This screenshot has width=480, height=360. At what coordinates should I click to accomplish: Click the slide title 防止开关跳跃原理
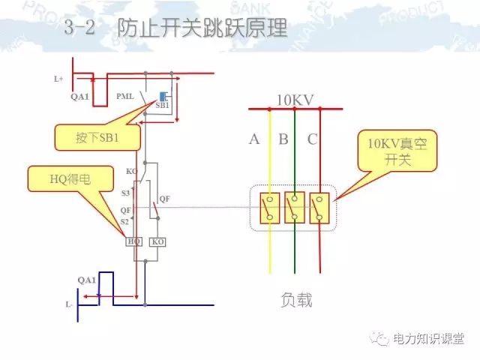point(202,29)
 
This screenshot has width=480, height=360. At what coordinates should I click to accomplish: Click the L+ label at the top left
point(58,78)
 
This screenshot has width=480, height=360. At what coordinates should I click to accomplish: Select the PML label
point(125,97)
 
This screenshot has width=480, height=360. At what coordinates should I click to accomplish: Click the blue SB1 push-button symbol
point(163,97)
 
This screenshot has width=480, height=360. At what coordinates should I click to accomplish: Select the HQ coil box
point(134,241)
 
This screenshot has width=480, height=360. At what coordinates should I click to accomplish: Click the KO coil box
point(157,241)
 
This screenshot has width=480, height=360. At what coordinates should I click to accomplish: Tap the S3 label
point(125,193)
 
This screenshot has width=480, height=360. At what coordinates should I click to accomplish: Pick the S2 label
point(125,222)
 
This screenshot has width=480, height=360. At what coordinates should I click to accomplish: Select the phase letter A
point(254,139)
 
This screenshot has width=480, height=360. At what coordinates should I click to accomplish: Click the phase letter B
point(283,139)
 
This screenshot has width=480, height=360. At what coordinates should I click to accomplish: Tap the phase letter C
point(312,139)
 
